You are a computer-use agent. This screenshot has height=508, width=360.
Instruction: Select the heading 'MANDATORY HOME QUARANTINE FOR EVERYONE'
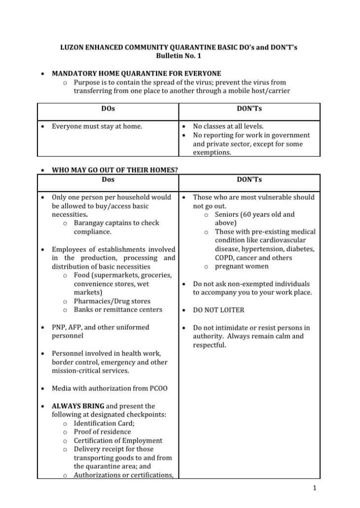coord(136,73)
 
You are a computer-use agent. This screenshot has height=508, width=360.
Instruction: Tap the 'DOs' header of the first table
coord(108,109)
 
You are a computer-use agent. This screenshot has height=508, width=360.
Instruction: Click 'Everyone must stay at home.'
coord(97,127)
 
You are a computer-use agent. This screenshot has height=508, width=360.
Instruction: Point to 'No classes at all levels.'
coord(228,127)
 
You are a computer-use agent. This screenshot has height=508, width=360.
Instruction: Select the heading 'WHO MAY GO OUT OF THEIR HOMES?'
coord(115,170)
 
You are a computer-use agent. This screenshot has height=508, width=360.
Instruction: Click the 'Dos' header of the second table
coord(108,179)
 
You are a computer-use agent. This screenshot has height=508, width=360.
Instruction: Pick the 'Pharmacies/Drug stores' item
coord(112,301)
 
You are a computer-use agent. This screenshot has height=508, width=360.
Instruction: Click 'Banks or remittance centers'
coord(118,309)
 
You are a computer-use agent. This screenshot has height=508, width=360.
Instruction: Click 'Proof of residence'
coord(102,431)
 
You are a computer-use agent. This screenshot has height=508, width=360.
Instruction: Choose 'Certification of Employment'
coord(118,440)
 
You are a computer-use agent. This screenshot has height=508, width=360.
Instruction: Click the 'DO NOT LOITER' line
coord(218,310)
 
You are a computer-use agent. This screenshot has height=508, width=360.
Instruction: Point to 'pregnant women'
coord(241,266)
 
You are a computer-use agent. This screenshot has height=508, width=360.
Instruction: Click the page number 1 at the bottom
coord(314,488)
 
